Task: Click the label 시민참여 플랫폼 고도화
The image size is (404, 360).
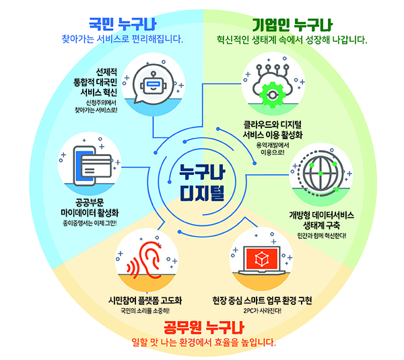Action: pos(145,299)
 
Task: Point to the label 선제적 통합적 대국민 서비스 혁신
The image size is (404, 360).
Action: pos(98,80)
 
